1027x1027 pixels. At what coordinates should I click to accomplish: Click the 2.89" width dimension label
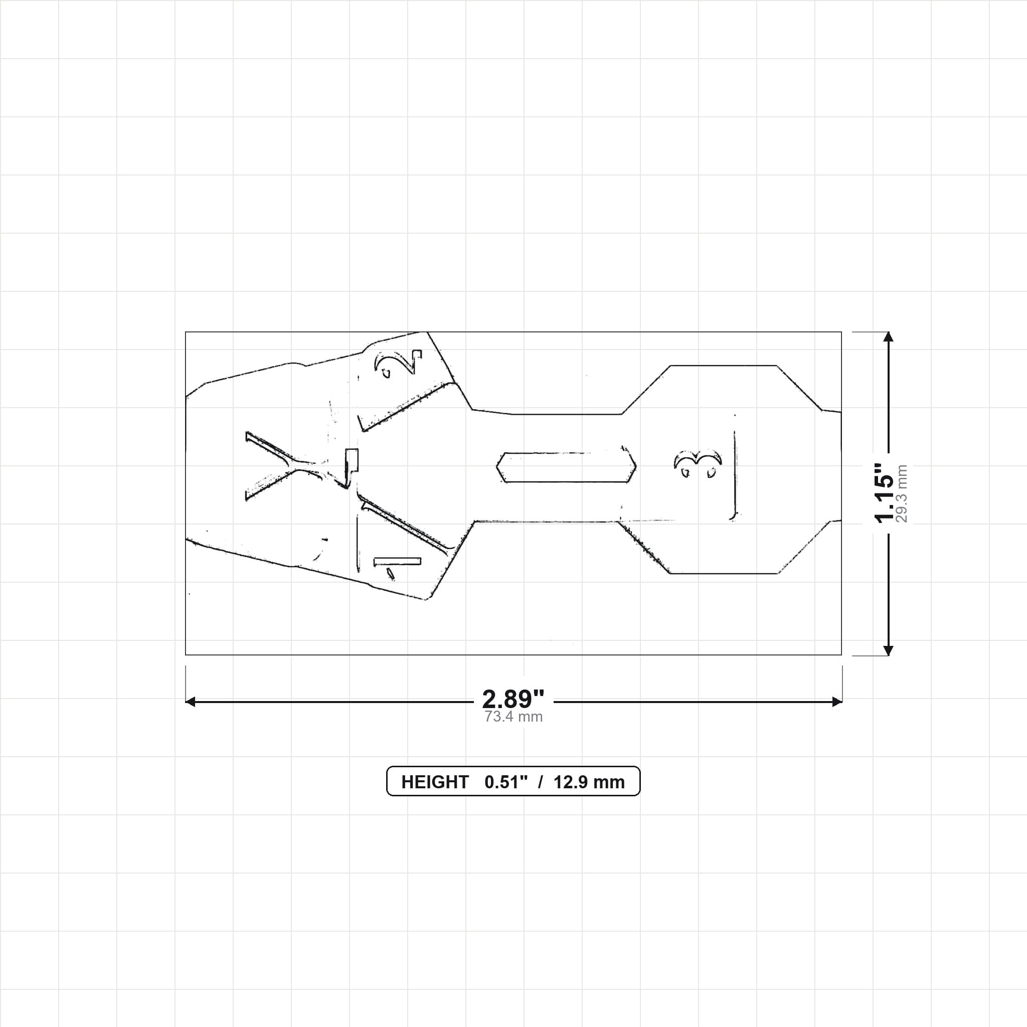click(x=513, y=699)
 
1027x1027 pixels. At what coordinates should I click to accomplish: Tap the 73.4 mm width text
click(x=513, y=717)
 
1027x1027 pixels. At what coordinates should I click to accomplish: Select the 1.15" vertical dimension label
click(x=885, y=493)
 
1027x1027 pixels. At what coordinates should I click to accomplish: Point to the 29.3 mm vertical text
click(x=902, y=493)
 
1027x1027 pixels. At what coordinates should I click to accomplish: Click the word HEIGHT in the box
click(x=435, y=782)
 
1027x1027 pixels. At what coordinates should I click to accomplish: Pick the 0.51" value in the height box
click(x=506, y=782)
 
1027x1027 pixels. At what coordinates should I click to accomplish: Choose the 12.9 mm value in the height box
click(x=589, y=782)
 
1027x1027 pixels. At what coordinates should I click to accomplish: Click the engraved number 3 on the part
click(x=698, y=463)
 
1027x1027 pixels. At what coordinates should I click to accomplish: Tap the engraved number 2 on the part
click(x=398, y=363)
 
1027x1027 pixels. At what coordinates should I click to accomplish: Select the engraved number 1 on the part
click(x=397, y=566)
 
